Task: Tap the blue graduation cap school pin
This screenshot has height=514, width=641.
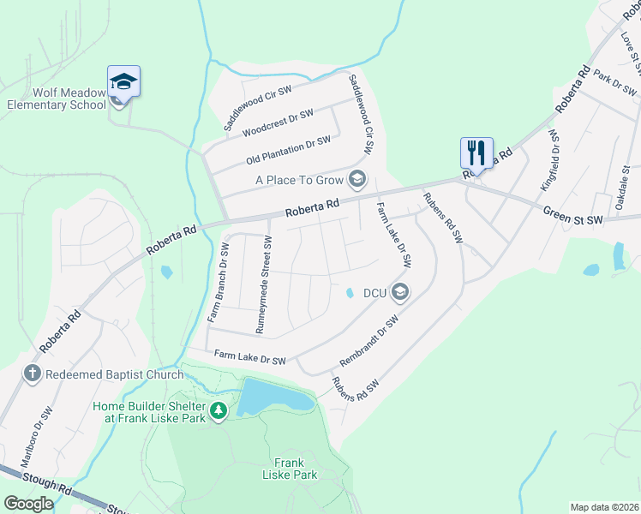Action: pos(123,82)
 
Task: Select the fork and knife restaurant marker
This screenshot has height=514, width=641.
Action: pos(476,153)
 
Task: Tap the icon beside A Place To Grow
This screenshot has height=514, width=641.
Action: pos(357,179)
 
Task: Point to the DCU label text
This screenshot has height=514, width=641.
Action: pos(375,293)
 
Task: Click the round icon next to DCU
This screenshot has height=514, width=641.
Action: pos(398,293)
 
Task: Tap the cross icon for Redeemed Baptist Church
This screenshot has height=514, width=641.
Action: pos(32,374)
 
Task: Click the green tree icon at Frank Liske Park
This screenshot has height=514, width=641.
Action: pos(219,411)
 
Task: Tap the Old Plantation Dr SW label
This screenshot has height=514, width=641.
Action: pos(288,151)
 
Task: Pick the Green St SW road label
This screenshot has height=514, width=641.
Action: pos(573,218)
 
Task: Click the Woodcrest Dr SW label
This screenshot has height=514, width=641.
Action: pos(278,123)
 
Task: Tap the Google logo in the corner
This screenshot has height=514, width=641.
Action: pos(28,504)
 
